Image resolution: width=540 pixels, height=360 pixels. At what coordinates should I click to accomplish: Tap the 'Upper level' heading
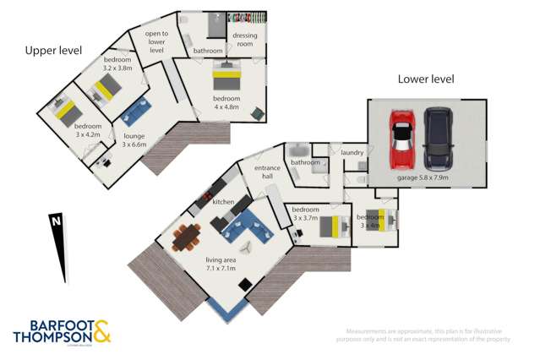(x=52, y=51)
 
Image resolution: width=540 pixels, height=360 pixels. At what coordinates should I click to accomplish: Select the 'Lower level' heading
(x=426, y=79)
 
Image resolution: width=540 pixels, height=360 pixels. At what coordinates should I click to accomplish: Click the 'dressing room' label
(x=245, y=41)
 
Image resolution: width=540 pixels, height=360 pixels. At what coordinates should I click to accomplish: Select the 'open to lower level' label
(x=156, y=41)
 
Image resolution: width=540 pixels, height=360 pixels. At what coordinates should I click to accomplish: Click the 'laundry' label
(x=352, y=152)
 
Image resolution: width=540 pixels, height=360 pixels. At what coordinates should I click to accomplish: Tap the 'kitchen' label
(x=223, y=202)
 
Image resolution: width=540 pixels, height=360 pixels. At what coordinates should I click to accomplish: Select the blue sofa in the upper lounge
(x=135, y=112)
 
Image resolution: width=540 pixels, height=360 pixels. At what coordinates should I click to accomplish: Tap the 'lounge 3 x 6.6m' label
(x=135, y=139)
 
